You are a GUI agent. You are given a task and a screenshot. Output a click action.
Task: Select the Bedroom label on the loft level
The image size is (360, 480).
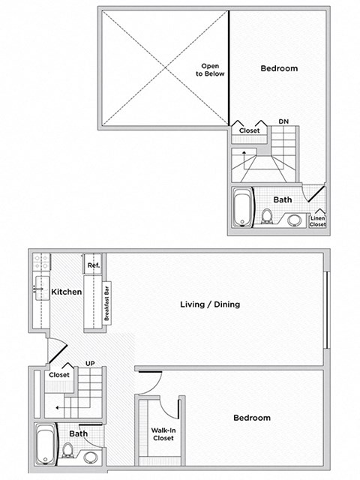[x=279, y=69]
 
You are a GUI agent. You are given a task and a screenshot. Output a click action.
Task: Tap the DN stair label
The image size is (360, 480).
[x=283, y=121]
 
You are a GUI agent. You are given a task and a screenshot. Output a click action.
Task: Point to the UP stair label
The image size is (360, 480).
[x=89, y=363]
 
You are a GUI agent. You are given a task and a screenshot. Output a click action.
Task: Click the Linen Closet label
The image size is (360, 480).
[x=318, y=220]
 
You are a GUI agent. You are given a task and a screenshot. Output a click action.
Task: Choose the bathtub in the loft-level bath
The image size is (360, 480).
[x=242, y=208]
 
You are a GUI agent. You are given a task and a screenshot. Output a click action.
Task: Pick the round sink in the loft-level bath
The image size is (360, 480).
[x=295, y=220]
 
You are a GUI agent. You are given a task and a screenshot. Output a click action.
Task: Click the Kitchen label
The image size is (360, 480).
[x=66, y=291]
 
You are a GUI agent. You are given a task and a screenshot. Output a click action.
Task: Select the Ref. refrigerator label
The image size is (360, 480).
[x=94, y=265]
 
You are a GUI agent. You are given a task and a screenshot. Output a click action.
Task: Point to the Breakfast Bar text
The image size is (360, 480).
[x=107, y=302]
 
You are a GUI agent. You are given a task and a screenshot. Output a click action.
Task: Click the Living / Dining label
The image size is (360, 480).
[x=210, y=304]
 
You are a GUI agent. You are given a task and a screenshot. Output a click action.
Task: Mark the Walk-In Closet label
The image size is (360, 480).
[x=163, y=433]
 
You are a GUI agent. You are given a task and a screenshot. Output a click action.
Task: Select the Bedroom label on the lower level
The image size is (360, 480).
[x=251, y=418]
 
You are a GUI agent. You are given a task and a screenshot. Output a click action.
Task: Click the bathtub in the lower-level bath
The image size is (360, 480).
[x=45, y=445]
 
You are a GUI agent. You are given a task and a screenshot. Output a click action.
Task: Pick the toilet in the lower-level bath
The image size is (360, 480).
[x=67, y=451]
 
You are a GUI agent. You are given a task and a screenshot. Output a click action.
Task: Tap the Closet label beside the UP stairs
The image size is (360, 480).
[x=59, y=375]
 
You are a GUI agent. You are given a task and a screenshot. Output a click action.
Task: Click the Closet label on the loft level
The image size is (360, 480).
[x=250, y=130]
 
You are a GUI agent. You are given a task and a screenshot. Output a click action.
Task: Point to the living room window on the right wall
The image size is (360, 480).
[x=327, y=310]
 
